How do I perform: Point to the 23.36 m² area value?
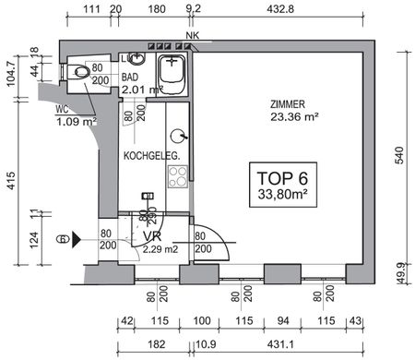(294, 117)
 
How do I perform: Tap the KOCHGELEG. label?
(151, 156)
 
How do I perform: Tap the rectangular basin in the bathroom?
(172, 71)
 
